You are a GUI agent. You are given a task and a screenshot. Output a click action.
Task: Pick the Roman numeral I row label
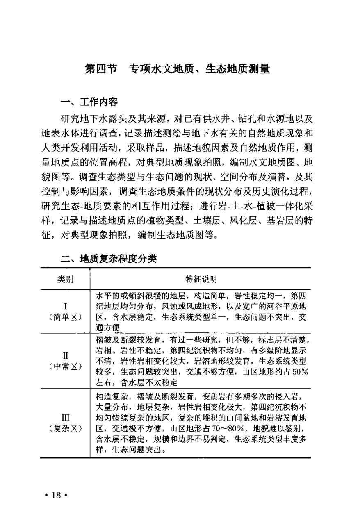66,306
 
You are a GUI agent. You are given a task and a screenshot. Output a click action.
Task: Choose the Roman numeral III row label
66,418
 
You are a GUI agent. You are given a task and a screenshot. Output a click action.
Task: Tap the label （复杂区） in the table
66,429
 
